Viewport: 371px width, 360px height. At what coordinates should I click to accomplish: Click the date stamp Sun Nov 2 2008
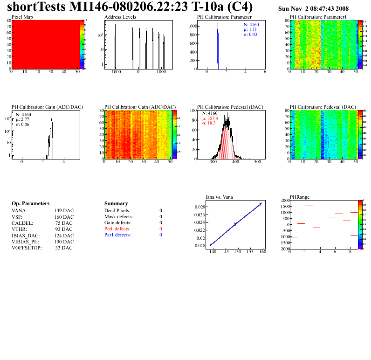(x=313, y=9)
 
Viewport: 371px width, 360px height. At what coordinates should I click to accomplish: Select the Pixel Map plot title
(x=22, y=17)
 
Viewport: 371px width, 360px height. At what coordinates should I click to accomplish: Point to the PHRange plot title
(x=299, y=197)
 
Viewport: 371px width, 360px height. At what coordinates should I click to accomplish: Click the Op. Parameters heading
(x=30, y=204)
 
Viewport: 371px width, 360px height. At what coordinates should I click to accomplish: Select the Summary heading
(x=116, y=204)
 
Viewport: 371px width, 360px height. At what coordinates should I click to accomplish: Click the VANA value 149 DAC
(x=64, y=211)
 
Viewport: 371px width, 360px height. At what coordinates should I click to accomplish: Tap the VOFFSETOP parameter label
(x=27, y=248)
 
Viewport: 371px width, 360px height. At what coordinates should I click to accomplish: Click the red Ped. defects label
(x=117, y=229)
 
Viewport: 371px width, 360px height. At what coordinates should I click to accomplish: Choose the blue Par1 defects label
(x=117, y=235)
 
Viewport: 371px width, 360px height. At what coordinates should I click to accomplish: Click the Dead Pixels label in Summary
(x=117, y=211)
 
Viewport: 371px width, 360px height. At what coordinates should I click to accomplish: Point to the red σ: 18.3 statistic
(x=211, y=124)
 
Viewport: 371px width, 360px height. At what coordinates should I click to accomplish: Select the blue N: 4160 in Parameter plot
(x=252, y=24)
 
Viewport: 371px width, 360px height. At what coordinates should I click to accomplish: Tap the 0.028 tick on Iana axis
(x=200, y=207)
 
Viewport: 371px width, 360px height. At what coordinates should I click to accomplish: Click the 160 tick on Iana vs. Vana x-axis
(x=262, y=252)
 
